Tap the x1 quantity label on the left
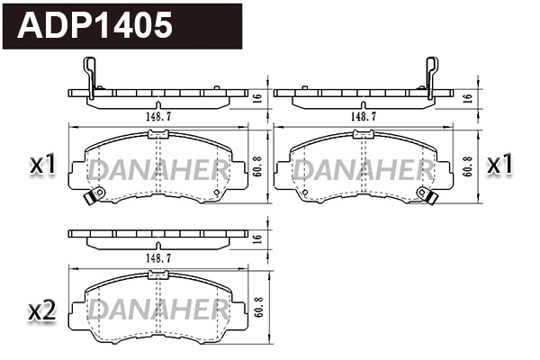pyautogui.click(x=43, y=165)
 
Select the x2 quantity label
pyautogui.click(x=43, y=311)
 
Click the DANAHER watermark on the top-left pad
pyautogui.click(x=157, y=168)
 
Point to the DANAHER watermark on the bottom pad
pyautogui.click(x=157, y=310)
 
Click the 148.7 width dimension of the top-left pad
pyautogui.click(x=158, y=116)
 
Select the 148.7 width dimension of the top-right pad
pyautogui.click(x=363, y=116)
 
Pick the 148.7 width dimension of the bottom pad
pyautogui.click(x=158, y=257)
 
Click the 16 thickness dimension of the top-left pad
pyautogui.click(x=258, y=98)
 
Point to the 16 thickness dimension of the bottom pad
pyautogui.click(x=258, y=238)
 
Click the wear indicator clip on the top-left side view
pyautogui.click(x=88, y=76)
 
